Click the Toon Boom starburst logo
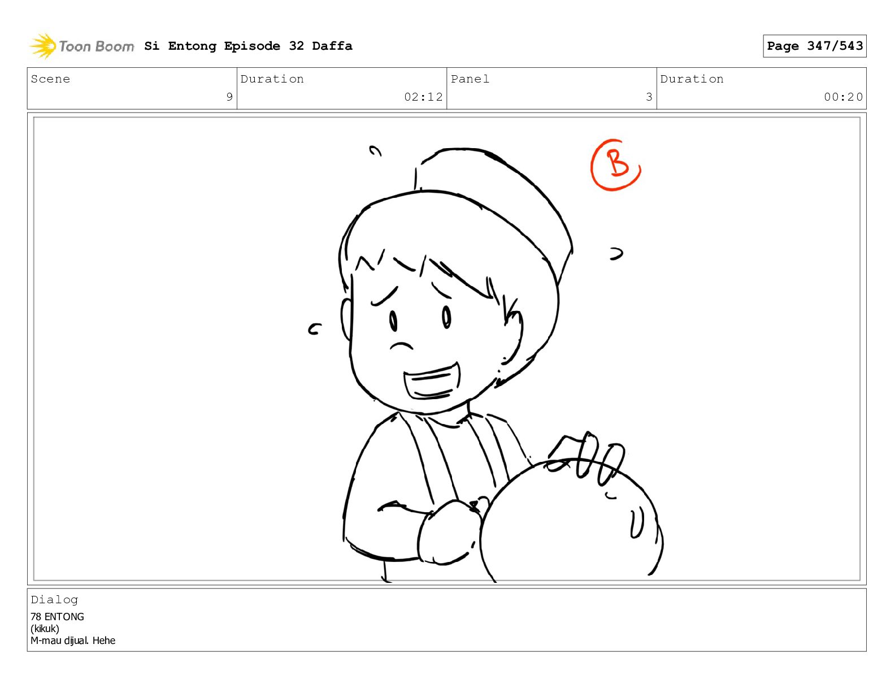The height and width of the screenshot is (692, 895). [x=43, y=46]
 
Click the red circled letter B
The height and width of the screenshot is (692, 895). [x=615, y=165]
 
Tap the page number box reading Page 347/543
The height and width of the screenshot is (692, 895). [x=814, y=46]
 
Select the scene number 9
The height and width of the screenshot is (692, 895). [x=229, y=97]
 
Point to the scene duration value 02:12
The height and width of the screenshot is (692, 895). [x=423, y=97]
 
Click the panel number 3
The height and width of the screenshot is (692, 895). [x=649, y=97]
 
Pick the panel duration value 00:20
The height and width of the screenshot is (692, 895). [x=842, y=97]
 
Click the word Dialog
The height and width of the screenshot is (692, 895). [x=54, y=600]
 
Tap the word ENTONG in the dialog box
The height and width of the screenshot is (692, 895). [x=64, y=617]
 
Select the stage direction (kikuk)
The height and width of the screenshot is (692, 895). [x=45, y=629]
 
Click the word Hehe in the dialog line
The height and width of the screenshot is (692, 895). [x=104, y=641]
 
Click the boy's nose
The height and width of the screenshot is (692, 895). [x=401, y=346]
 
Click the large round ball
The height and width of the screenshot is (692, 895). [x=571, y=521]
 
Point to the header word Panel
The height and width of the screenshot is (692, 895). [x=470, y=79]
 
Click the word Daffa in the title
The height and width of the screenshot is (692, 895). [x=332, y=46]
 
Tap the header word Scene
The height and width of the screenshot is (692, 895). [x=50, y=79]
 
